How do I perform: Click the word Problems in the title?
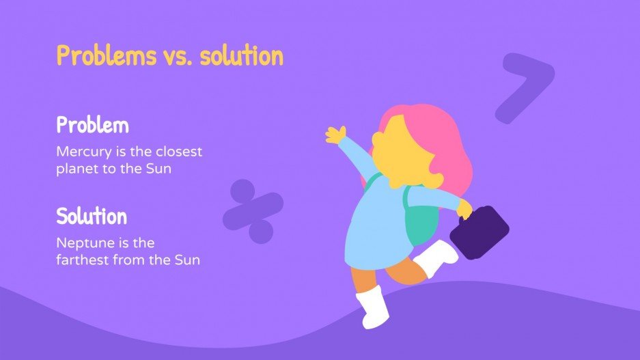pyautogui.click(x=106, y=55)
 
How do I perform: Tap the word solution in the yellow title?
pyautogui.click(x=241, y=55)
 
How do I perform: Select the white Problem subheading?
pyautogui.click(x=92, y=126)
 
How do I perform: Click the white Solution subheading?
pyautogui.click(x=92, y=217)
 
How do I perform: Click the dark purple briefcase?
pyautogui.click(x=479, y=233)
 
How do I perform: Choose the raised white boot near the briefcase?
pyautogui.click(x=437, y=258)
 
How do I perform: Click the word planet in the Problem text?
pyautogui.click(x=76, y=169)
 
